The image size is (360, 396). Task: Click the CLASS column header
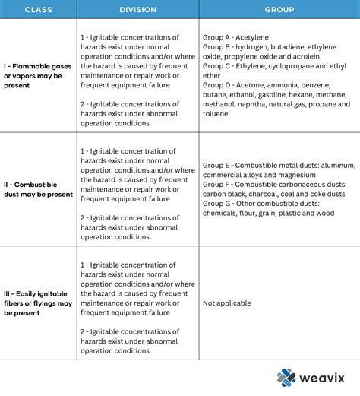pyautogui.click(x=37, y=10)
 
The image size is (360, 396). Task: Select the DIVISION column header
pyautogui.click(x=137, y=10)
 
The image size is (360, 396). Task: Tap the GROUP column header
pyautogui.click(x=279, y=10)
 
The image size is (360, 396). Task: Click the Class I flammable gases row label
pyautogui.click(x=37, y=75)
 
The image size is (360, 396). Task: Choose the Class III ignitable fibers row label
pyautogui.click(x=37, y=303)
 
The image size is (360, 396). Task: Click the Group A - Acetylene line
pyautogui.click(x=235, y=37)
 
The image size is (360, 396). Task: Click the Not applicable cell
pyautogui.click(x=226, y=303)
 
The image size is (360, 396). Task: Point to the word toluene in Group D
pyautogui.click(x=215, y=114)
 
